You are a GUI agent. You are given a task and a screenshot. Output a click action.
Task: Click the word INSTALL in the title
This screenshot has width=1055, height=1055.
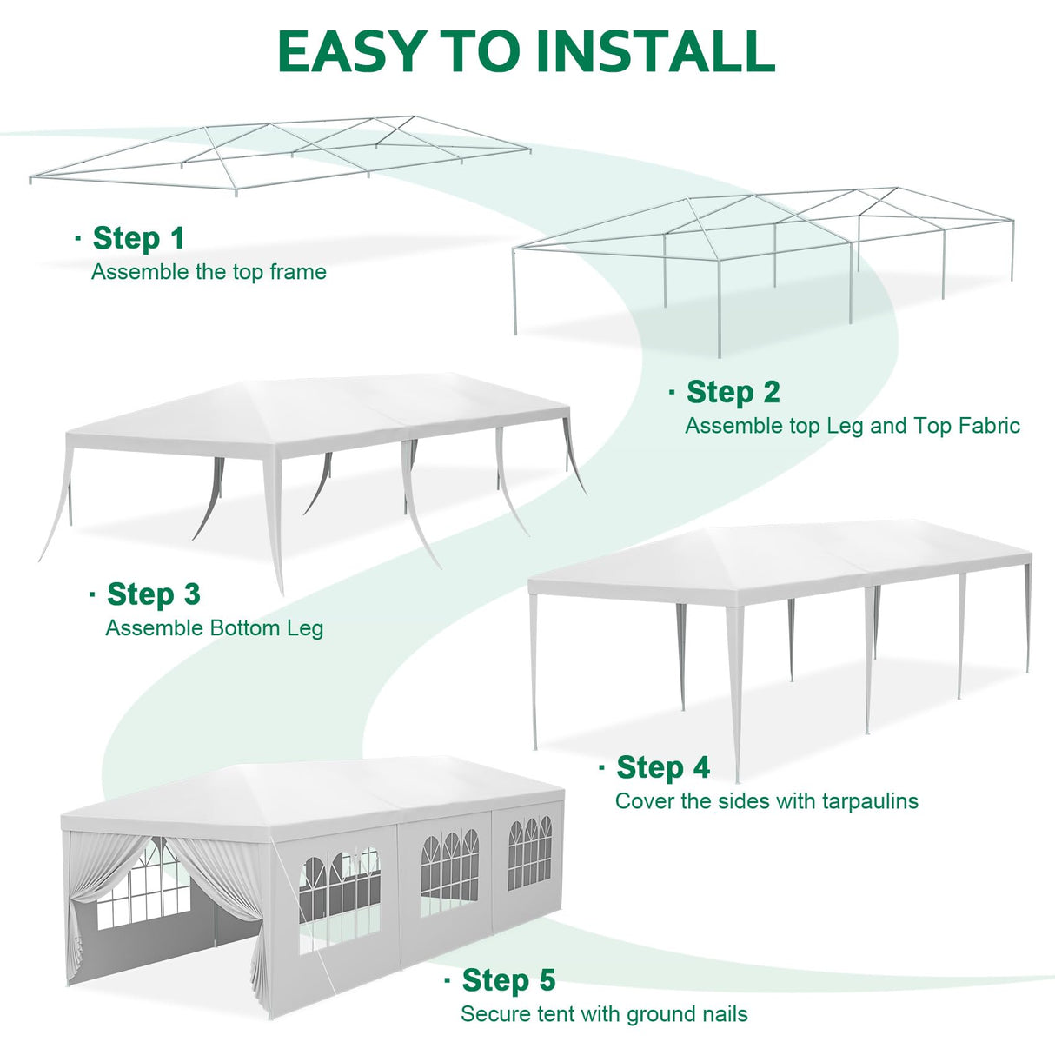point(654,52)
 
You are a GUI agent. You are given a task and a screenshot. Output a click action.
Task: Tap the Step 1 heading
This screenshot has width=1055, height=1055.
point(138,238)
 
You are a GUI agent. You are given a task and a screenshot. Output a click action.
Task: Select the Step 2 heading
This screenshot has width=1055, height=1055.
point(733,392)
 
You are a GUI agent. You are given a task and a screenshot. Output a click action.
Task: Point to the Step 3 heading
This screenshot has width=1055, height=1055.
point(153,594)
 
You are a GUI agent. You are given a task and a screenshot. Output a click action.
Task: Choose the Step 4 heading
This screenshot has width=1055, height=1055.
point(662,767)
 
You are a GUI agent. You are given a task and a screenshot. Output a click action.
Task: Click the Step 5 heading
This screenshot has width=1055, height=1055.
point(508,980)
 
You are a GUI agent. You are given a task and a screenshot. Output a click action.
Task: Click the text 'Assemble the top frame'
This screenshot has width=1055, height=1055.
point(209,272)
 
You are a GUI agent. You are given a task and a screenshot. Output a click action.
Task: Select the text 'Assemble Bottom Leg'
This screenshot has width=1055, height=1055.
point(214,628)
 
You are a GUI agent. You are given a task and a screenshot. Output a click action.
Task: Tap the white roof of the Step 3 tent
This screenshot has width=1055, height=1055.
point(322,408)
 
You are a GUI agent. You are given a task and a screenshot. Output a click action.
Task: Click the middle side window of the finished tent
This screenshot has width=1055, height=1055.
point(449,873)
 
